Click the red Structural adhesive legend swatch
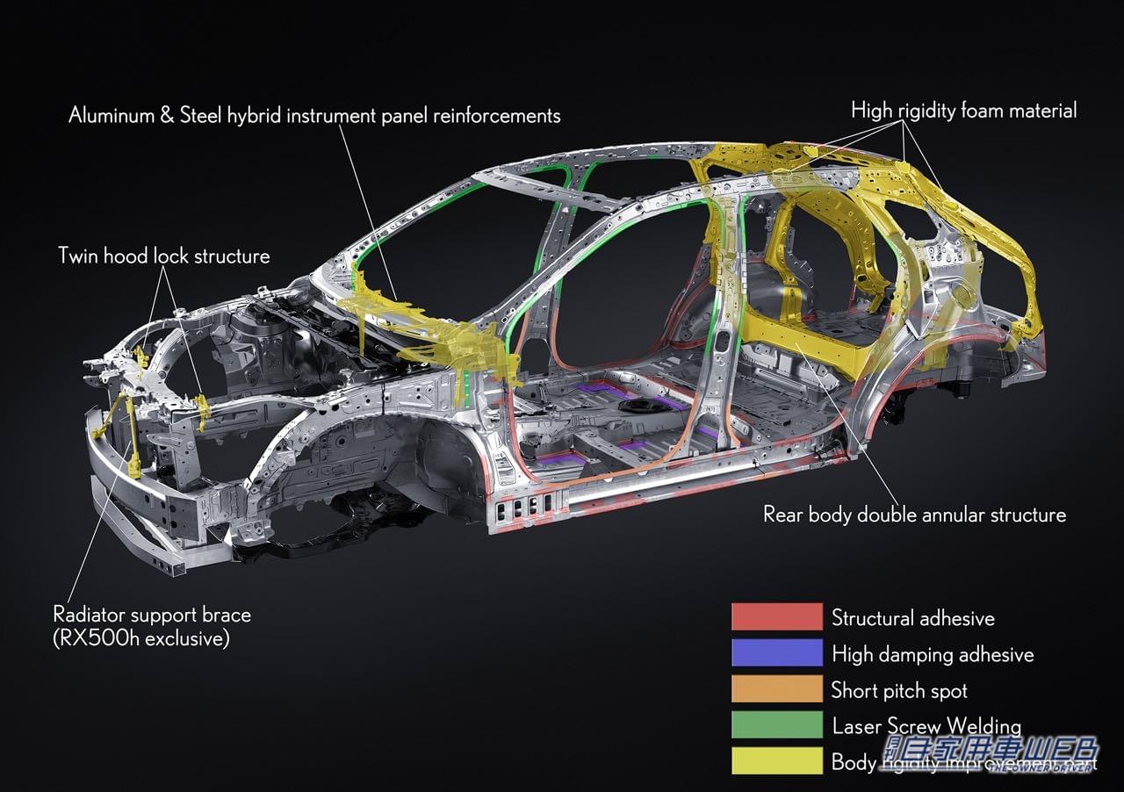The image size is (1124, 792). [776, 616]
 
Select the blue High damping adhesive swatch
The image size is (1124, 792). [776, 653]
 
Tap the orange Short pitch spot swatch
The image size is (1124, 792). [776, 689]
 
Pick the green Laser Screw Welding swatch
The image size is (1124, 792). [776, 725]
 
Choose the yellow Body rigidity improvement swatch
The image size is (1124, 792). [776, 760]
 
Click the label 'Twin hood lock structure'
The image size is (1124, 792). [163, 256]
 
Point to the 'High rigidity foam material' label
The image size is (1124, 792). [963, 111]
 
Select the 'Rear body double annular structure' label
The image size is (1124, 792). [914, 515]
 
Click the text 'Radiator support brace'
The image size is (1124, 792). [152, 615]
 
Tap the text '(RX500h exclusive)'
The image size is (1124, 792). [141, 638]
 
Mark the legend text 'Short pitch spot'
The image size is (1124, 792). [899, 690]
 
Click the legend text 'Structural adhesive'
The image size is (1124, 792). [913, 618]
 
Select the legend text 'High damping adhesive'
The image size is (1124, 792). [933, 654]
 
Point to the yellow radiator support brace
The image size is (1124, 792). [132, 439]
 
